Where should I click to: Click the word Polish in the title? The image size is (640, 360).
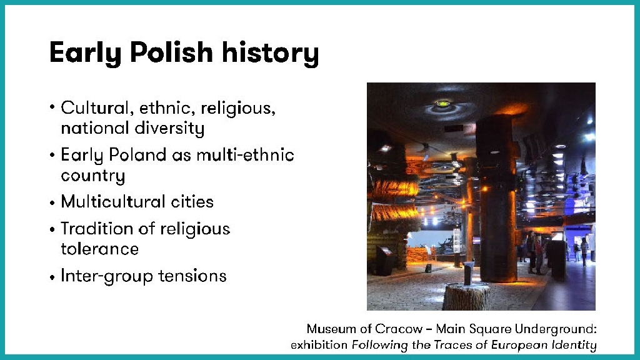pyautogui.click(x=171, y=52)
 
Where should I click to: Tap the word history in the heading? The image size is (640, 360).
pyautogui.click(x=270, y=54)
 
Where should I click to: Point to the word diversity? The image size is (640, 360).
pyautogui.click(x=169, y=129)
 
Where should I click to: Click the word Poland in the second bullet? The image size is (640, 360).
pyautogui.click(x=137, y=155)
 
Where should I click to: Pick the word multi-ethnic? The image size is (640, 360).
pyautogui.click(x=245, y=155)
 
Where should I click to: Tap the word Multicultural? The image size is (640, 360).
pyautogui.click(x=111, y=202)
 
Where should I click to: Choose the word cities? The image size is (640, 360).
pyautogui.click(x=192, y=202)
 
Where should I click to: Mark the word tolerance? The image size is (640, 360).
pyautogui.click(x=99, y=249)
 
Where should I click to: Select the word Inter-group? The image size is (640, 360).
pyautogui.click(x=107, y=276)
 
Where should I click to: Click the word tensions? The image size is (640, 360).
pyautogui.click(x=192, y=276)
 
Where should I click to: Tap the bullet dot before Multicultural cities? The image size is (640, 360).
pyautogui.click(x=52, y=203)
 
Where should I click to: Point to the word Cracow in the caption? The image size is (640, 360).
pyautogui.click(x=399, y=329)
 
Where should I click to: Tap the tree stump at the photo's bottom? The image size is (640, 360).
pyautogui.click(x=466, y=297)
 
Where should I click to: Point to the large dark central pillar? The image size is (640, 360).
pyautogui.click(x=496, y=198)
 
